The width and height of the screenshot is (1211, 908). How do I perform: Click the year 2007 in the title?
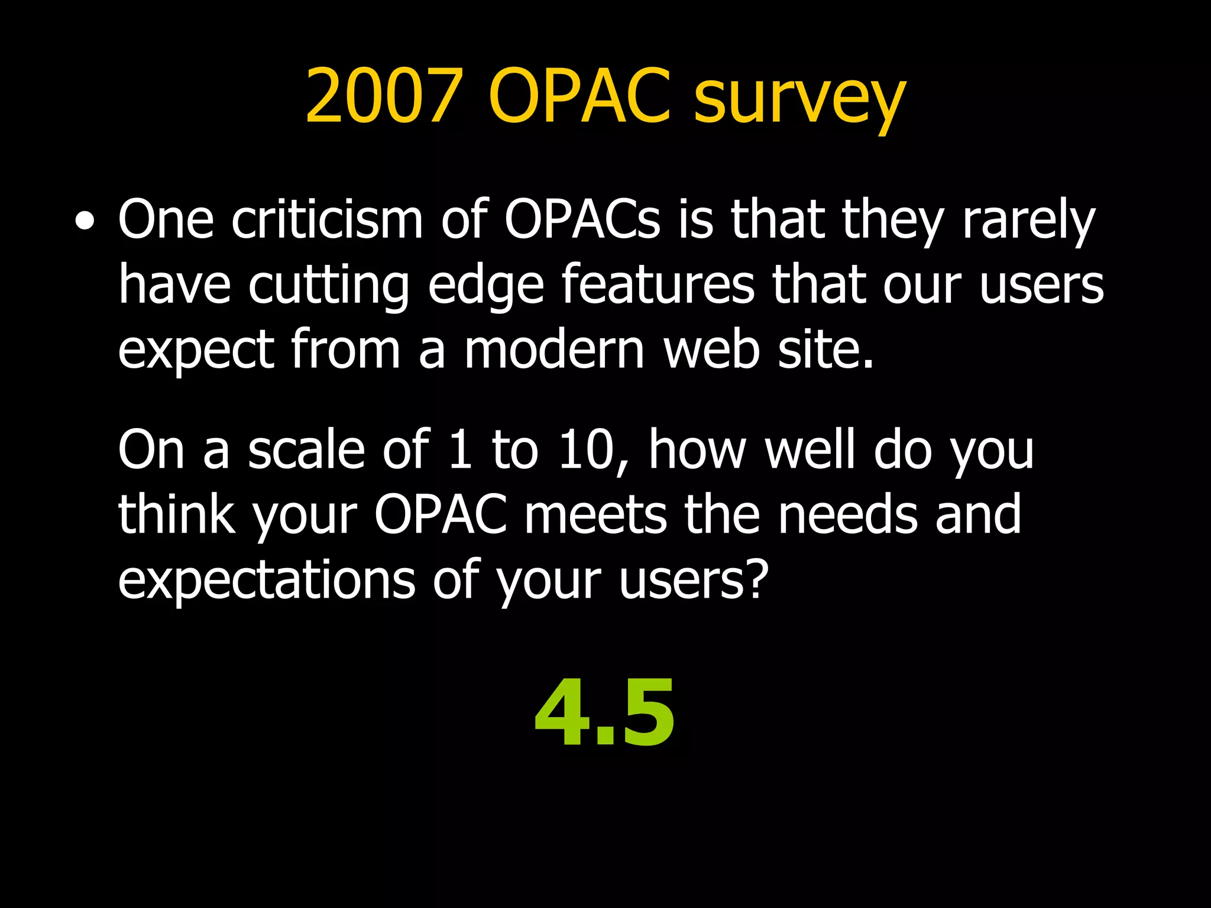383,96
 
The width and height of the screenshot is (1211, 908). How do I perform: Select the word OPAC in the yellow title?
579,96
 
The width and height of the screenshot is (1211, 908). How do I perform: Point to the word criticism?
327,219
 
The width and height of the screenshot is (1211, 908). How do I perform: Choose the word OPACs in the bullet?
582,219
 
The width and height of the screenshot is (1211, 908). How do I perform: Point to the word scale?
306,450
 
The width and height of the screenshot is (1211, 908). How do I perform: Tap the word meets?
596,515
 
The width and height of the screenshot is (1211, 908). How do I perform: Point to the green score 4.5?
604,714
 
